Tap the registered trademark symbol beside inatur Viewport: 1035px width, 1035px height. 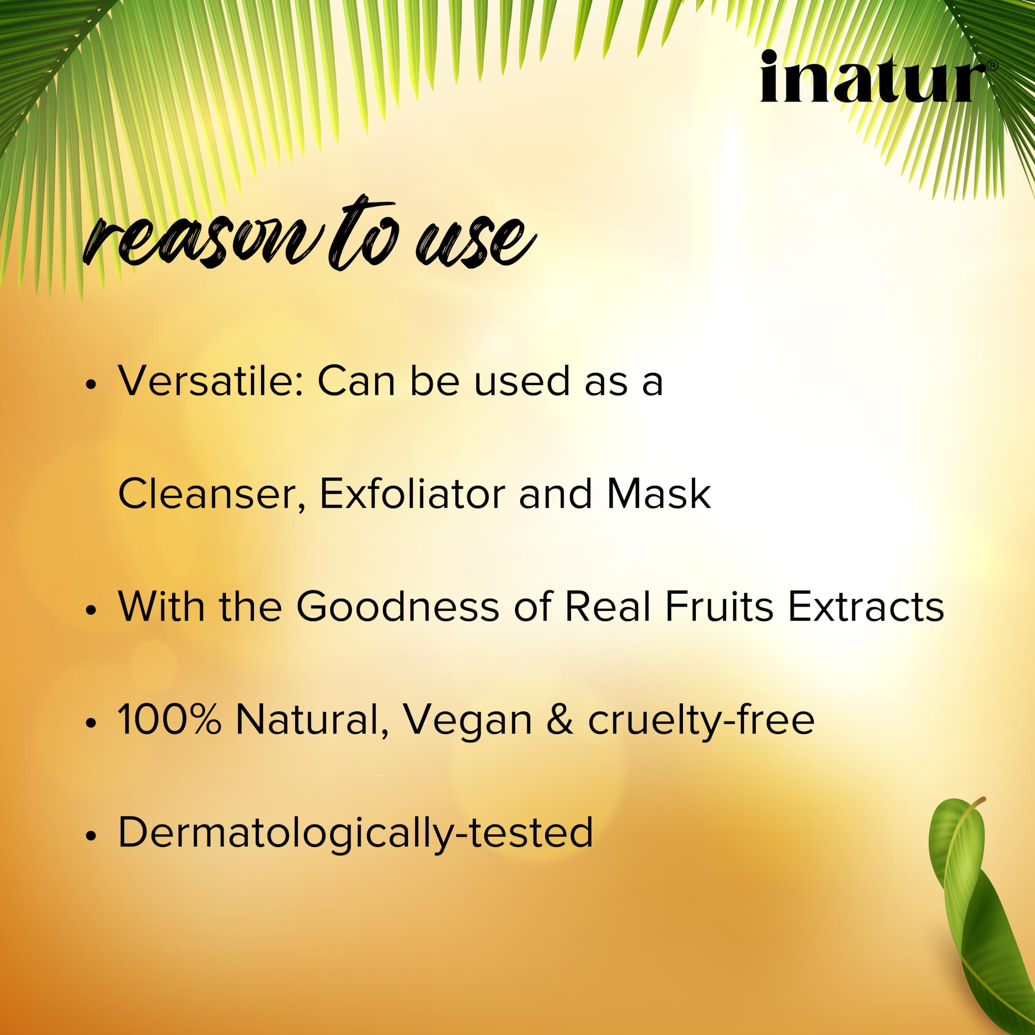[x=992, y=66]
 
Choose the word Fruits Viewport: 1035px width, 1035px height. [x=719, y=606]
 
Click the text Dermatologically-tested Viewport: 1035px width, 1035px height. [x=356, y=833]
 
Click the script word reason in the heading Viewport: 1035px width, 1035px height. [x=204, y=240]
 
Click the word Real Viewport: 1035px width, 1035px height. [x=608, y=606]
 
